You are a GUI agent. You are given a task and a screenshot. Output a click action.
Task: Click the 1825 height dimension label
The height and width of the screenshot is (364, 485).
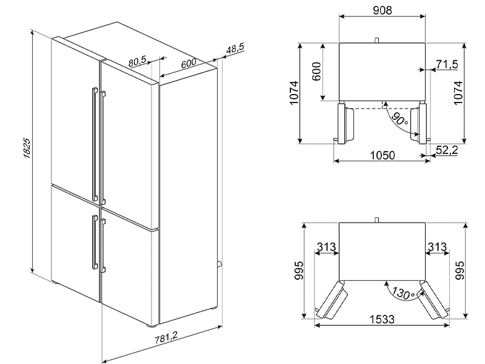click(27, 148)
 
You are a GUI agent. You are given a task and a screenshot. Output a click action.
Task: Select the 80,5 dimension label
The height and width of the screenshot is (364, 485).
click(138, 61)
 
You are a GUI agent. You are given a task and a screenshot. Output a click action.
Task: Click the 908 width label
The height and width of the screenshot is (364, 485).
click(383, 10)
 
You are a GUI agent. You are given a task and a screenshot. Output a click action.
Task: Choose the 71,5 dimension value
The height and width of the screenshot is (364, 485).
click(447, 64)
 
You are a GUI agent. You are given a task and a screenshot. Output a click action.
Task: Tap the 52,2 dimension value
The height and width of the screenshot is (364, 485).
click(447, 150)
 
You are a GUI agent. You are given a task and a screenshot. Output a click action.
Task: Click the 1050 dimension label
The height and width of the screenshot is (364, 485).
click(383, 155)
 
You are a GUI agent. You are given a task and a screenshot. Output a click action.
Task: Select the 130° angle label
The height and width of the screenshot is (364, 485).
click(403, 293)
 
